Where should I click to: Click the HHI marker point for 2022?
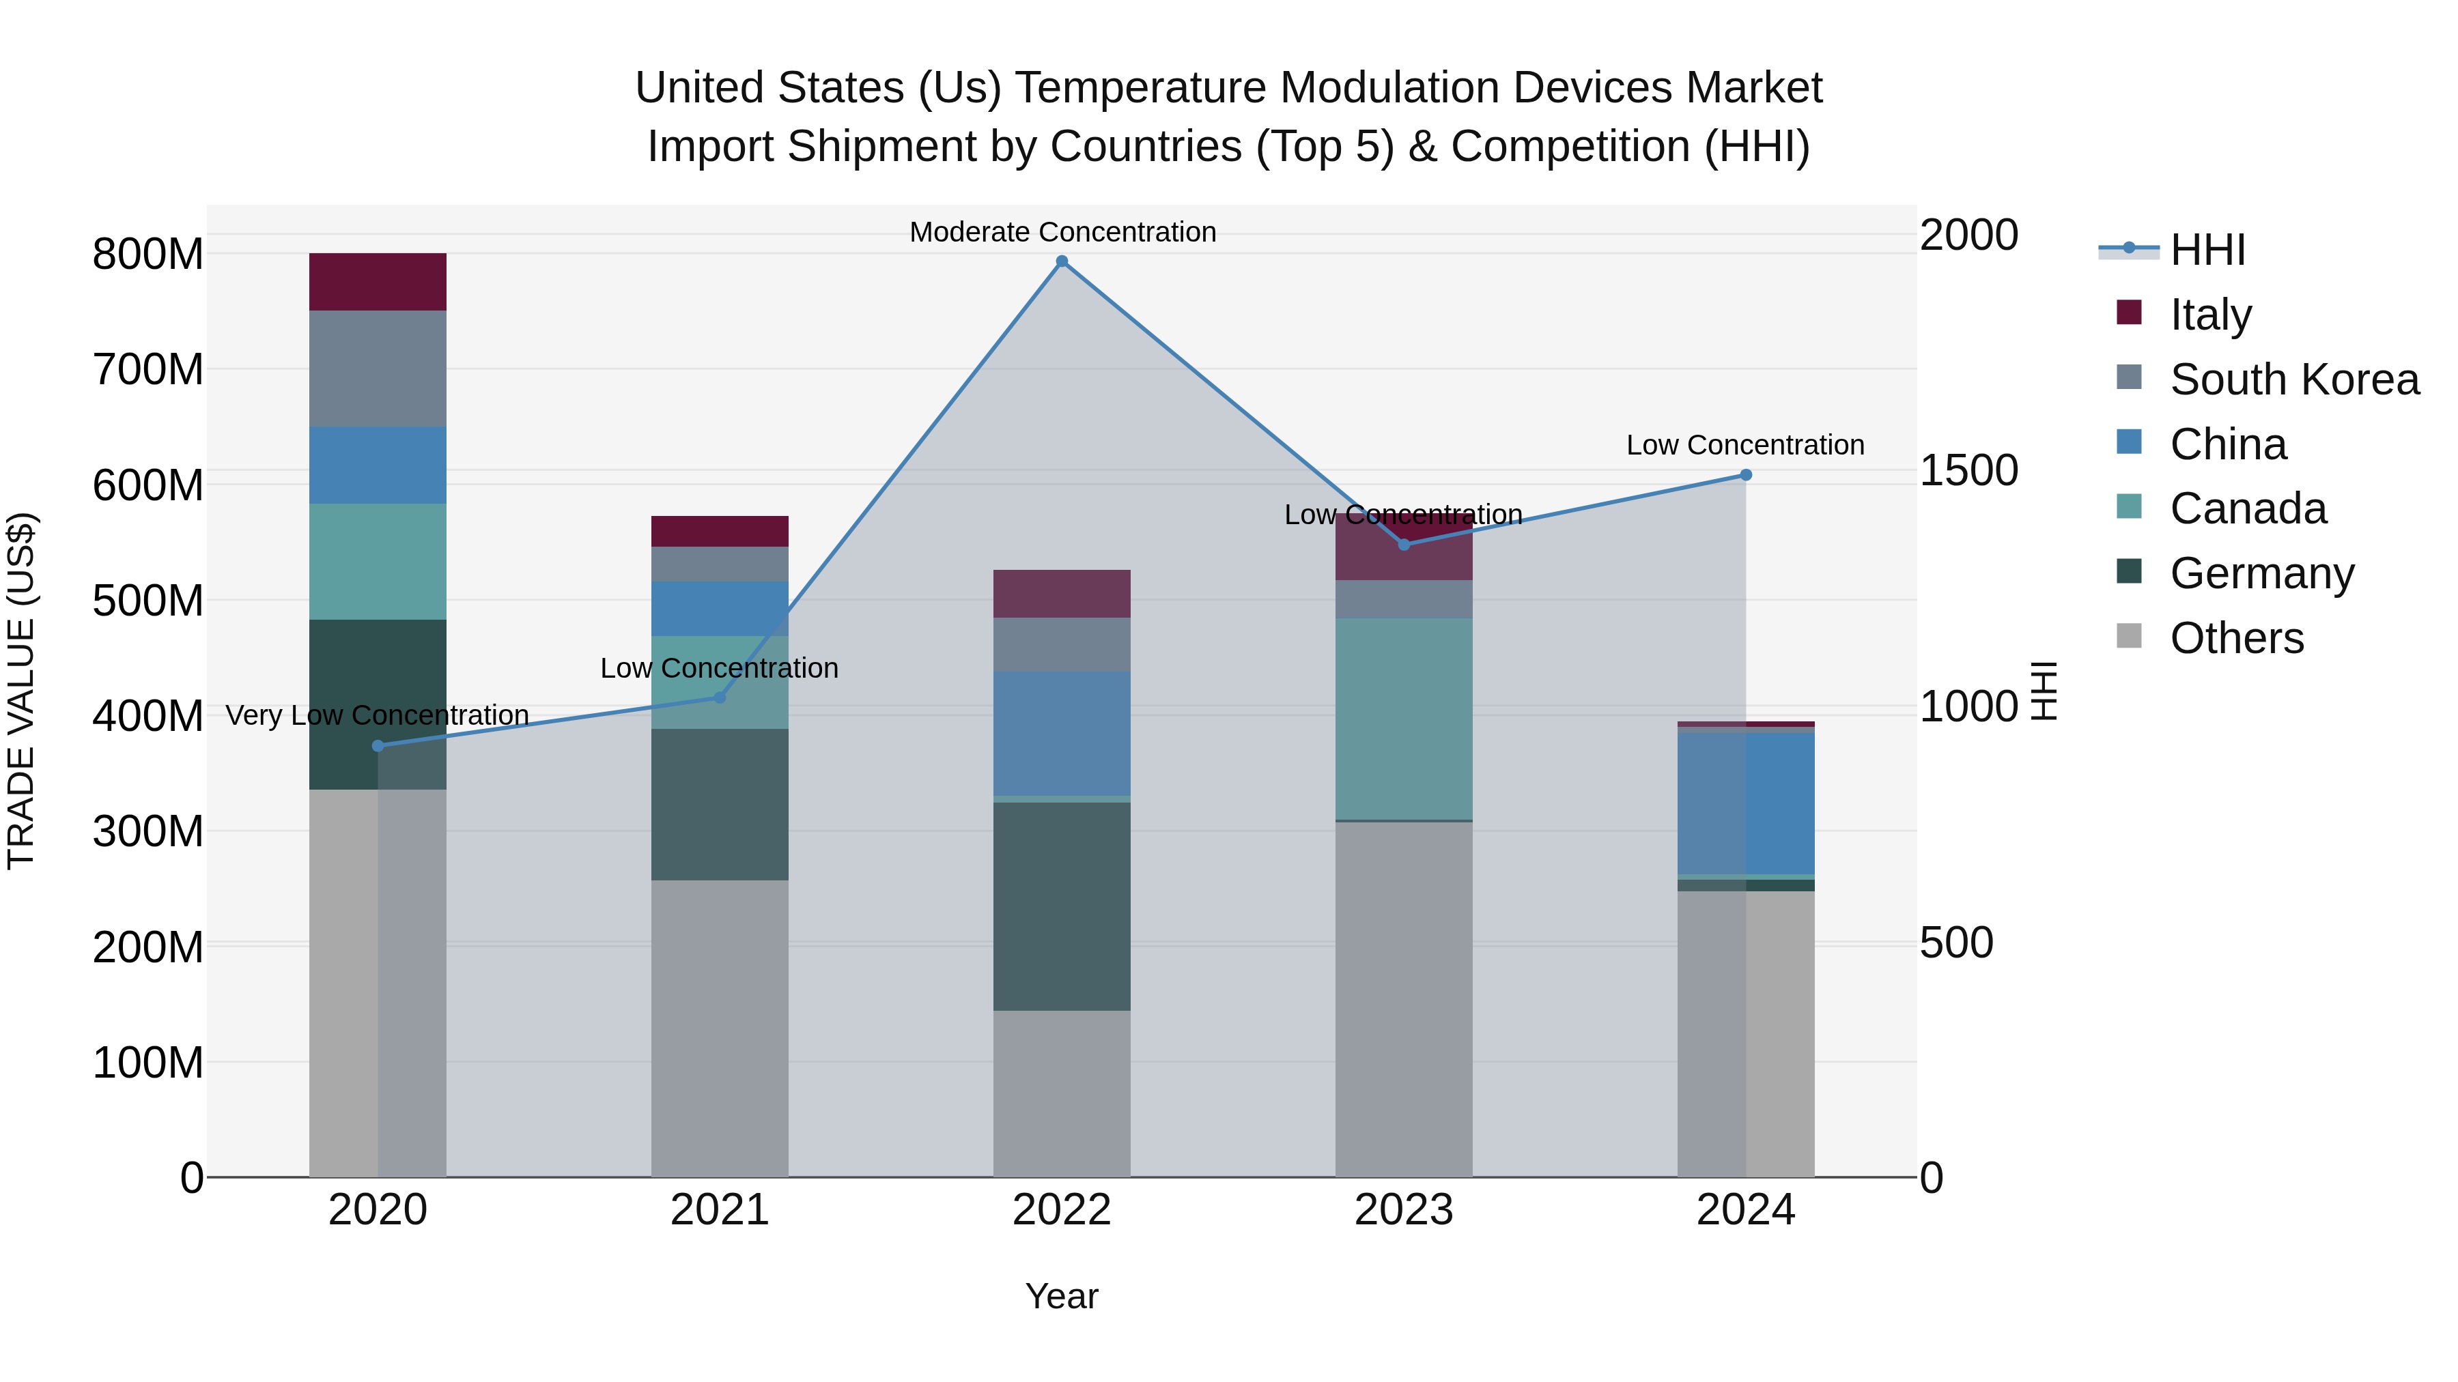coord(1062,261)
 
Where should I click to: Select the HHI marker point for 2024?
coord(1745,475)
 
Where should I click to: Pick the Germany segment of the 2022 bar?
coord(1062,906)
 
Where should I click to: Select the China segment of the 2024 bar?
coord(1746,803)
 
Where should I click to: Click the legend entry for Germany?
coord(2261,573)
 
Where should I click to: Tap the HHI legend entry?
coord(2207,250)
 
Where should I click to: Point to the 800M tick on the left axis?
coord(148,255)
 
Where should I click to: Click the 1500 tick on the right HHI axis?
coord(1968,470)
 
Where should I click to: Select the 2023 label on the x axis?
coord(1404,1210)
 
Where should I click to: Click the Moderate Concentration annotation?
coord(1062,232)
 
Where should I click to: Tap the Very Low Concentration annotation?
coord(377,715)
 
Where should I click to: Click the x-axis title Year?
coord(1061,1296)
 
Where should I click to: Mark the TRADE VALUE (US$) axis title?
coord(21,691)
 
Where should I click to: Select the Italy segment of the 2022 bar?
coord(1062,593)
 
